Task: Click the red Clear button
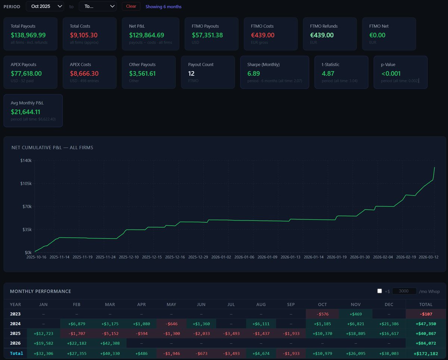(131, 6)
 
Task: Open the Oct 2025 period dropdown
(45, 6)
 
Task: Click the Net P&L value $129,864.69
(146, 35)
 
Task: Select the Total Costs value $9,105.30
(84, 35)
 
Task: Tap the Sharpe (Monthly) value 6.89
(253, 73)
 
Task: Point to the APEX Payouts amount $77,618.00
(26, 73)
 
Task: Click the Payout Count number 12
(192, 73)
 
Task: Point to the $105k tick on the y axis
(26, 184)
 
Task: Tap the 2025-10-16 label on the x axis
(37, 257)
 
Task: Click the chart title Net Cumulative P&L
(52, 148)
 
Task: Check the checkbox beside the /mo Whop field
(380, 291)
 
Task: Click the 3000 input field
(404, 291)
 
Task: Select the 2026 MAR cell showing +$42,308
(110, 343)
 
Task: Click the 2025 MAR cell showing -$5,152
(110, 334)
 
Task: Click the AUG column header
(261, 304)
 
